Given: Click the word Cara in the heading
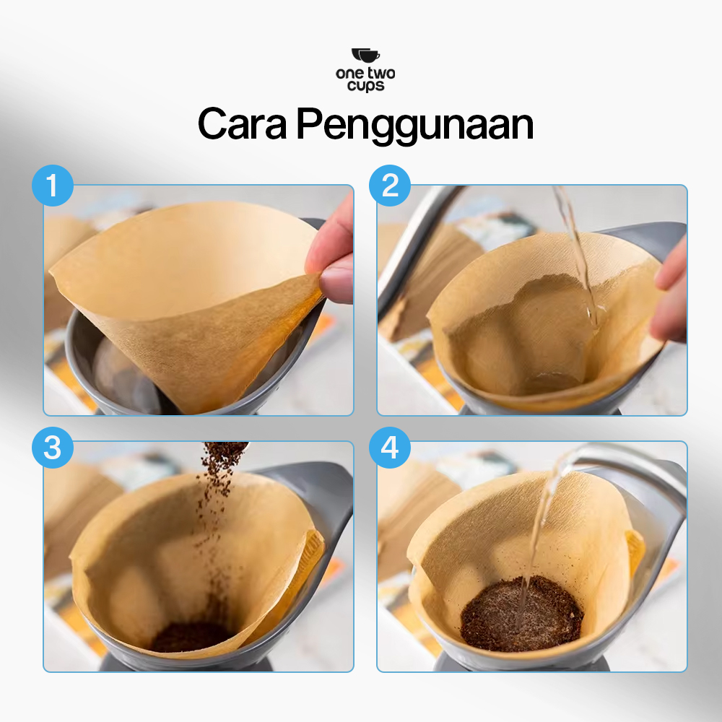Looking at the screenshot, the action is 242,123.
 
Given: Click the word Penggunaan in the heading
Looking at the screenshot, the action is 415,126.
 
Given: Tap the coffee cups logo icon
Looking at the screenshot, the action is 365,56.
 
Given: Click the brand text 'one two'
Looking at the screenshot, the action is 365,73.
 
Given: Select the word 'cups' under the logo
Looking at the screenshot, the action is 366,86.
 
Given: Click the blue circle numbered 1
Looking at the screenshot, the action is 53,186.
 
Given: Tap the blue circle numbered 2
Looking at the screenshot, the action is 390,186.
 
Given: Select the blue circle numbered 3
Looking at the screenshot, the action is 53,448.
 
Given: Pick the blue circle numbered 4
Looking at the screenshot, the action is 390,448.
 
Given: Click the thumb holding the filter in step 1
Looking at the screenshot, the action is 337,281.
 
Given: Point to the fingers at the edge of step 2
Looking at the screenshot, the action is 670,295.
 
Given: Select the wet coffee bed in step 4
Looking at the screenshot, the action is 522,613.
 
